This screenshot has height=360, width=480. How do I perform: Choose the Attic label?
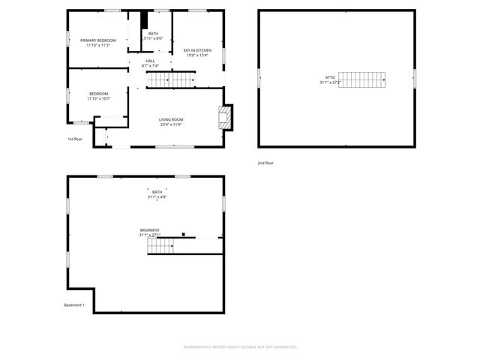pos(330,78)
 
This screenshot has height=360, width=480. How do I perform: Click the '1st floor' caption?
pos(75,139)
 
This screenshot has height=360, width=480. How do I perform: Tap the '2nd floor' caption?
pos(265,163)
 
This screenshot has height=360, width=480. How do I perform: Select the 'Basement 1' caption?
pos(74,305)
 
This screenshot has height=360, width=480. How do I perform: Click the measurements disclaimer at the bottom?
pos(241,347)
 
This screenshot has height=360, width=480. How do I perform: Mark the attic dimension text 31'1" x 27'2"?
pos(330,82)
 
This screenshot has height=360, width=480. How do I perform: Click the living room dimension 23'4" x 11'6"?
pos(171,125)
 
